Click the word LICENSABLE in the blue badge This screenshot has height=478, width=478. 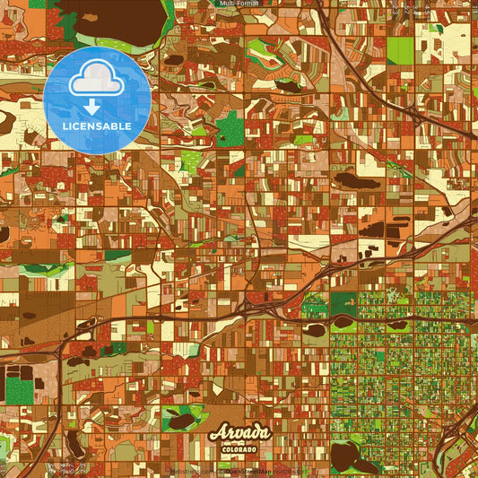point(97,126)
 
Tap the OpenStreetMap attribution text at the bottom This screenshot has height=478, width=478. point(269,470)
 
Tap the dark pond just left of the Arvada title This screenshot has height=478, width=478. point(183,420)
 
